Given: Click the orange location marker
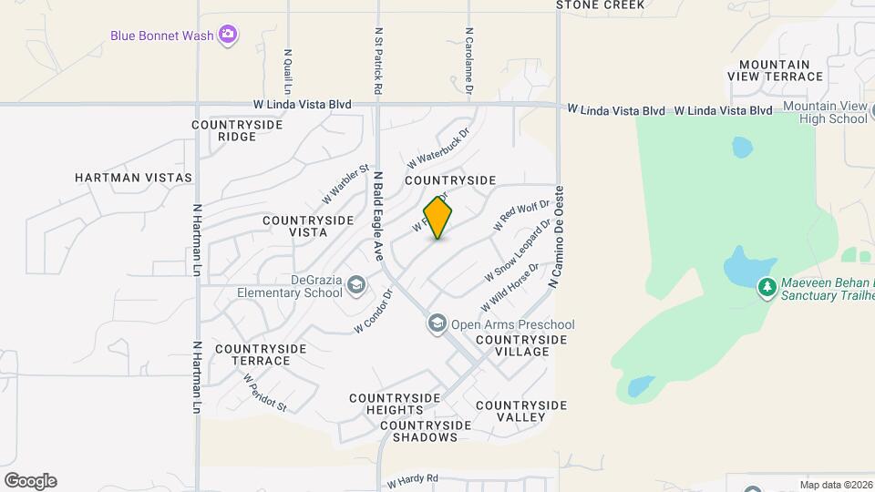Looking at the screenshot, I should [x=438, y=218].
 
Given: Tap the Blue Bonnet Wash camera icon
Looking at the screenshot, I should [x=228, y=36].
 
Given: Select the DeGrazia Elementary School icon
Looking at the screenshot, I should [x=355, y=287].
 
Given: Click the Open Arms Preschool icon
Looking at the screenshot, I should [x=437, y=324].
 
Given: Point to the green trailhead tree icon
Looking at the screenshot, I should [x=767, y=288].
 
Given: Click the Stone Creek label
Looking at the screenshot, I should [x=600, y=5].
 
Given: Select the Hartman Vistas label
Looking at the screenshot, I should [x=134, y=178].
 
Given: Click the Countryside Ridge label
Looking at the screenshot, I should [x=224, y=130].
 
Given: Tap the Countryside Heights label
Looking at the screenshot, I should [x=396, y=405].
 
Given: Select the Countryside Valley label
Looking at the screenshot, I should [x=520, y=411].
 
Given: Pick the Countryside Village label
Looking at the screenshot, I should [x=520, y=345].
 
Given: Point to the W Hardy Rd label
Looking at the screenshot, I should [x=413, y=479].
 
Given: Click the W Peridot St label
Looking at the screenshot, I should [x=265, y=392].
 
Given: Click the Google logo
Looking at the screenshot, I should [x=30, y=481].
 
